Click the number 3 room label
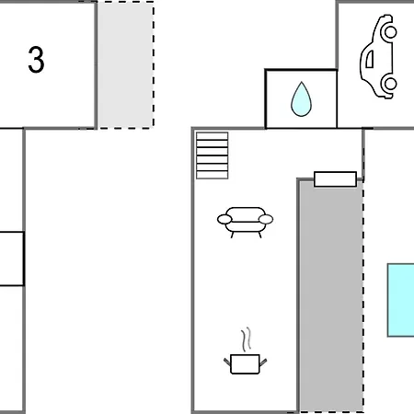point(36,60)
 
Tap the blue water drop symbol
point(301,99)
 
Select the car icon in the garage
point(378,57)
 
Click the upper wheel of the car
point(390,32)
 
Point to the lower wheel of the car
point(390,84)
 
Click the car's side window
point(370,59)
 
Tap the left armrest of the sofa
point(224,219)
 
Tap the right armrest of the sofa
point(266,219)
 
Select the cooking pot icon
point(245,351)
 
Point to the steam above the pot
point(246,339)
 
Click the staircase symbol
point(213,155)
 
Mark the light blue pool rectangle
point(400,300)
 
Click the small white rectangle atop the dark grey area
point(335,179)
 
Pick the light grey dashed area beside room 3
point(125,64)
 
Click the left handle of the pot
point(227,362)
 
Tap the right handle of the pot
point(263,362)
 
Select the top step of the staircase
point(213,136)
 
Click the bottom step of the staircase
point(213,175)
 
